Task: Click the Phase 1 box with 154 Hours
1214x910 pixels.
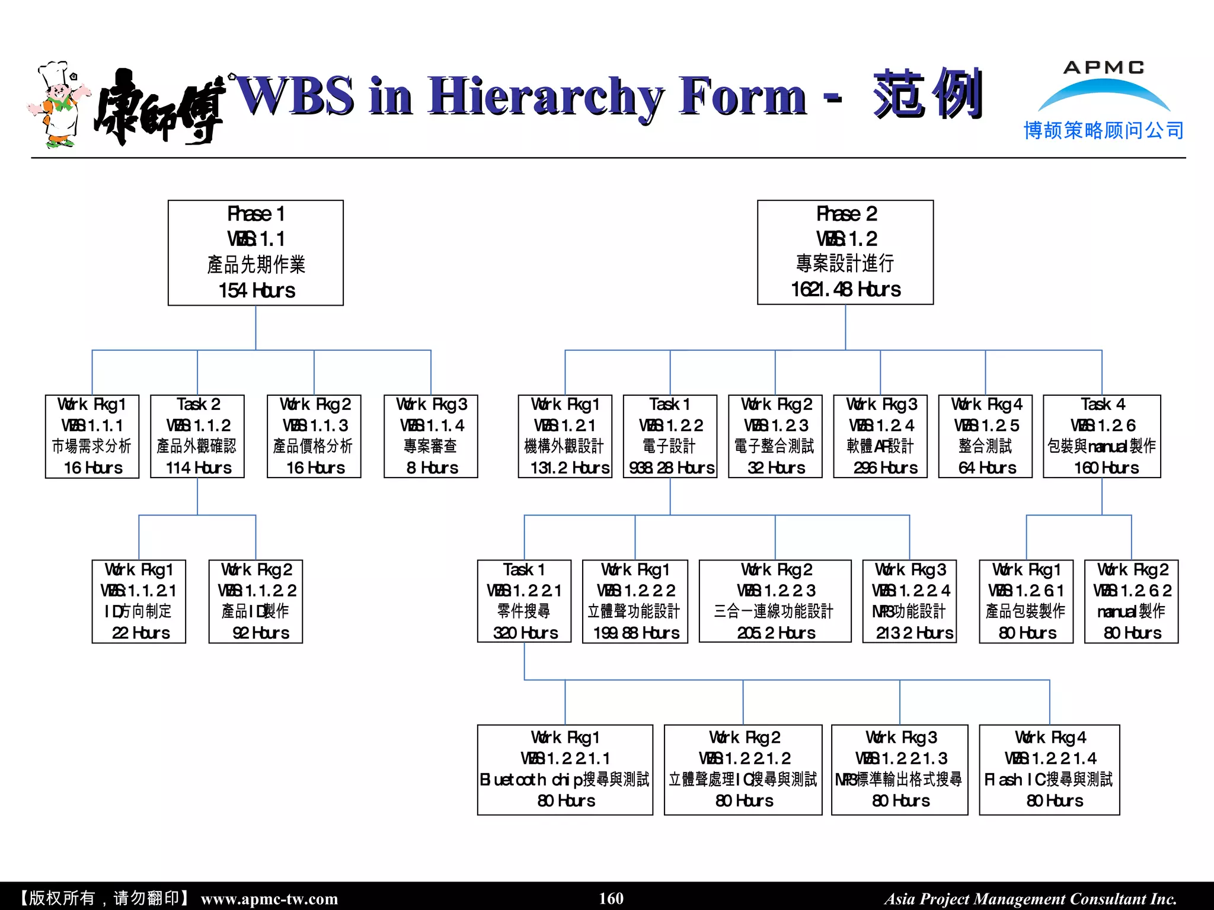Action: [255, 253]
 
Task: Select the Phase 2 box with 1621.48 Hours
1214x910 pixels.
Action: [845, 252]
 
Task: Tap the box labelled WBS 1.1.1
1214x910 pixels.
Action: [92, 437]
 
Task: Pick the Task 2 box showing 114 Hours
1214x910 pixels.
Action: [197, 437]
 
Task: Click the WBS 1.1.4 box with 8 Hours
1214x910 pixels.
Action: [431, 437]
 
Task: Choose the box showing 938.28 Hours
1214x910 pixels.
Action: [670, 437]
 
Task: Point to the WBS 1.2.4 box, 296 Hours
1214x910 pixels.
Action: [880, 437]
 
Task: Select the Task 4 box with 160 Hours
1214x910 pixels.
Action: [1102, 437]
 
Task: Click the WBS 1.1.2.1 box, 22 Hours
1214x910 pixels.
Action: [139, 601]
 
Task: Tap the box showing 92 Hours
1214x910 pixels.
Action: [255, 601]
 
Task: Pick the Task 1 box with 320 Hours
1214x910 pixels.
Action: [524, 601]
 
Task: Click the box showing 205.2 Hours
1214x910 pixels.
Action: [775, 601]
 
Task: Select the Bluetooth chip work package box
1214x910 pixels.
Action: [565, 770]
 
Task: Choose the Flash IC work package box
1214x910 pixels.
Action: [1049, 770]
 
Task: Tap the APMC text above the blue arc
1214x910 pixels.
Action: [1104, 68]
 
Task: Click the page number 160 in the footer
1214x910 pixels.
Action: [611, 898]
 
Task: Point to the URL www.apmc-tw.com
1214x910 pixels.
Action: [269, 899]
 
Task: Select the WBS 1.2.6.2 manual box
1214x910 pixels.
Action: [1131, 601]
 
